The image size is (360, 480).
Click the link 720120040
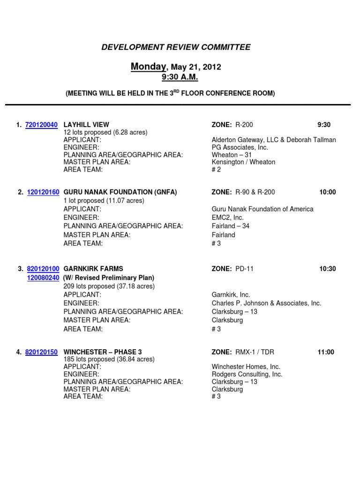tap(42, 125)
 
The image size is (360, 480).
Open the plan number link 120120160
tap(43, 192)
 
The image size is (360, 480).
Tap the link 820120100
tap(43, 269)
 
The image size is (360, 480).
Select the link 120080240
tap(43, 277)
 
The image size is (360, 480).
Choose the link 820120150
tap(42, 352)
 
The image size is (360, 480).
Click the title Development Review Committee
tap(176, 47)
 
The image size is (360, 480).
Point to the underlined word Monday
tap(148, 67)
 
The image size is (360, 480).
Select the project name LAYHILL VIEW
tap(86, 125)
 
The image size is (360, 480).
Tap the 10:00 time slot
tap(328, 192)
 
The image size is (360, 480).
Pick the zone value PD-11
tap(244, 269)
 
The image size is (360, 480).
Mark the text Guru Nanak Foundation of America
tap(262, 209)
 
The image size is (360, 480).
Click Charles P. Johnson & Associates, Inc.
tap(266, 303)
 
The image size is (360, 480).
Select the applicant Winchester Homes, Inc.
tap(246, 367)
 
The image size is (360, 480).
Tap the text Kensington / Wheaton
tap(243, 162)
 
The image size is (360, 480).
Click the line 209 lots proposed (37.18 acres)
tap(109, 286)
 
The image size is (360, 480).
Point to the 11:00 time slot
tap(326, 352)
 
